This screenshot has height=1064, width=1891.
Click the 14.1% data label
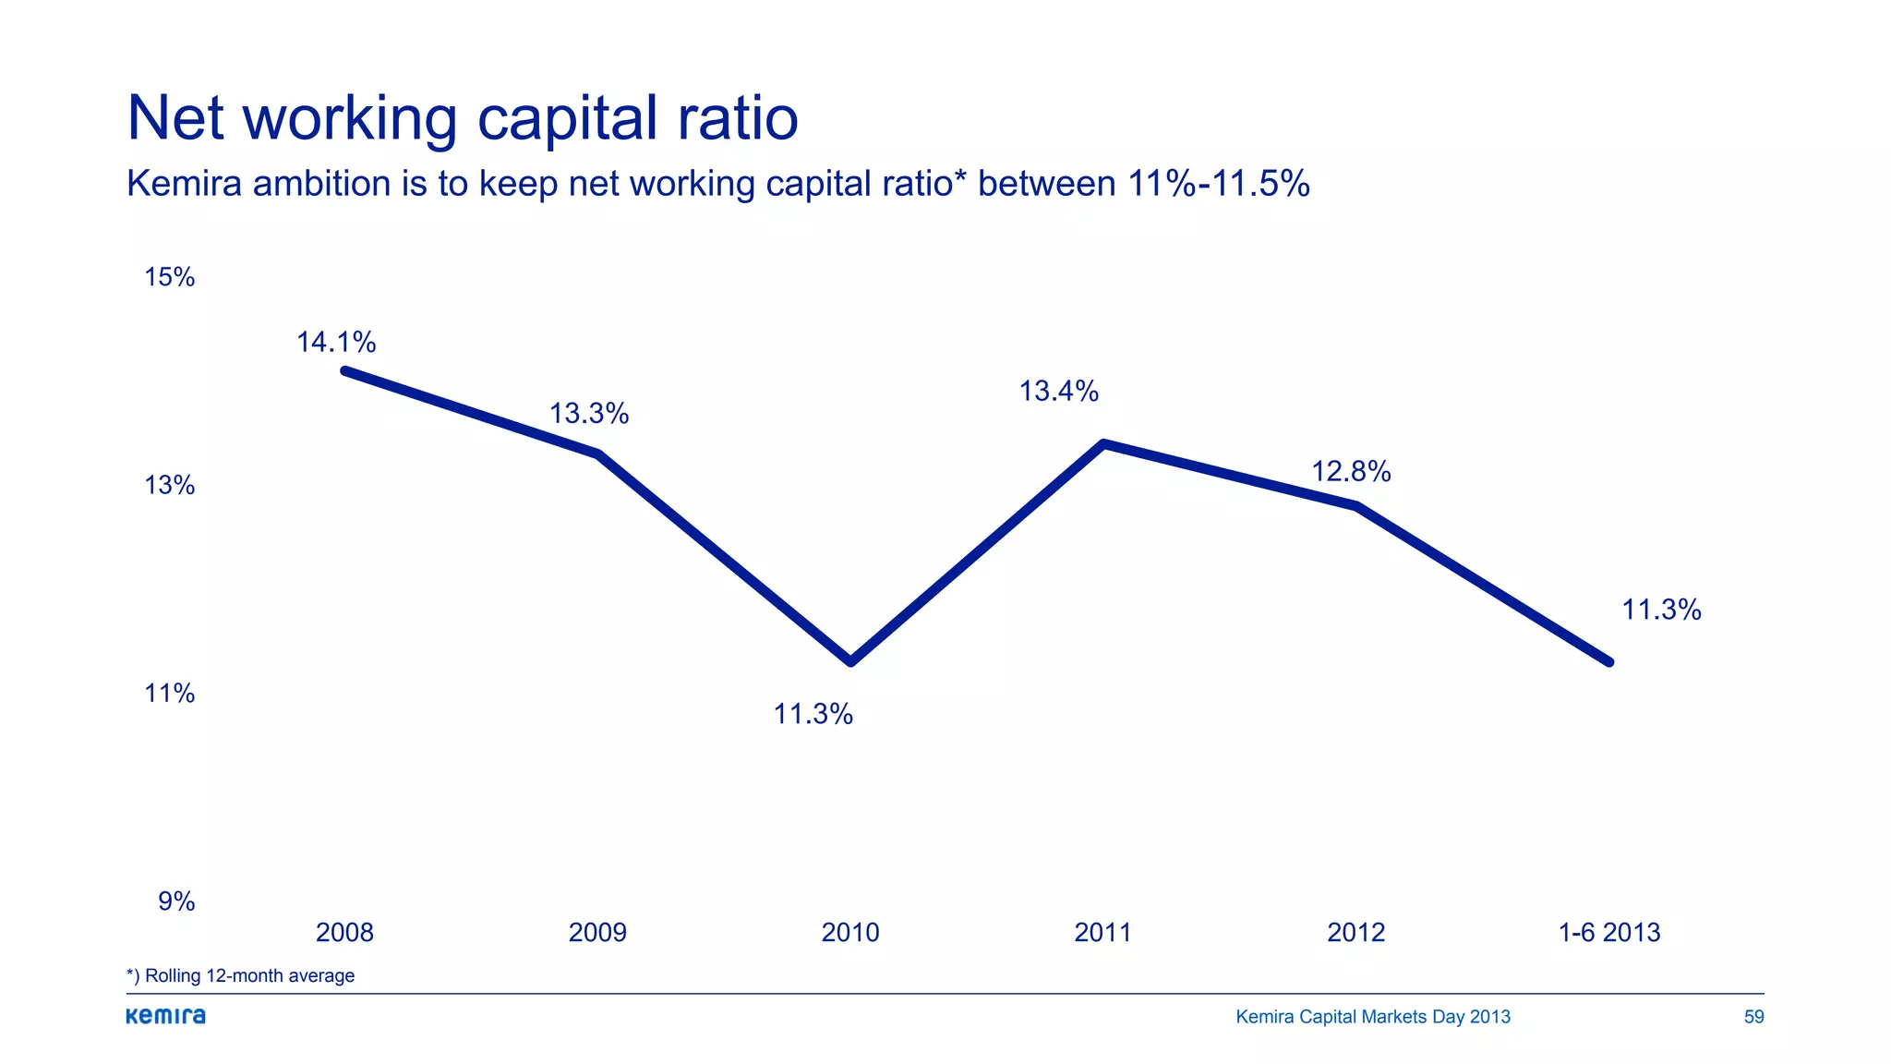(x=336, y=343)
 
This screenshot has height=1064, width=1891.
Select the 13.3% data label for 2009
(x=589, y=414)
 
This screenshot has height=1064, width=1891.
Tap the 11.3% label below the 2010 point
(x=813, y=714)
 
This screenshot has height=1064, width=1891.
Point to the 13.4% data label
(x=1058, y=392)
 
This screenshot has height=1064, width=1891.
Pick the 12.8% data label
(x=1351, y=472)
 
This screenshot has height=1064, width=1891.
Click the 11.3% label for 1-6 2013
(x=1661, y=610)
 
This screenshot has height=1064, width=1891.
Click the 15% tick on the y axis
(x=170, y=277)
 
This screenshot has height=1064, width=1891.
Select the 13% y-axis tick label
(x=170, y=485)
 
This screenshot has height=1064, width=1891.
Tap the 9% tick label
(x=176, y=901)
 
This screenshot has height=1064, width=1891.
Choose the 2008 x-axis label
(x=344, y=933)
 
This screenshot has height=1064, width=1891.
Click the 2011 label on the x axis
(x=1102, y=933)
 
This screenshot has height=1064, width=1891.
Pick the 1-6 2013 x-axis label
(x=1608, y=933)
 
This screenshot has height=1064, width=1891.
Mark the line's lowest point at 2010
(x=850, y=661)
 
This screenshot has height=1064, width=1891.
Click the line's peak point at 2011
(x=1103, y=444)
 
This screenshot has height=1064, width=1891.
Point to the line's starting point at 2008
(x=344, y=371)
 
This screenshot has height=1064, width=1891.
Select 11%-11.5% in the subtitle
(x=1218, y=184)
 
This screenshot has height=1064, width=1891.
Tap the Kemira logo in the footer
(x=166, y=1016)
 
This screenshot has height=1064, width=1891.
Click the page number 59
(x=1753, y=1017)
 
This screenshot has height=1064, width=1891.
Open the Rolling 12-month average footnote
(x=241, y=975)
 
